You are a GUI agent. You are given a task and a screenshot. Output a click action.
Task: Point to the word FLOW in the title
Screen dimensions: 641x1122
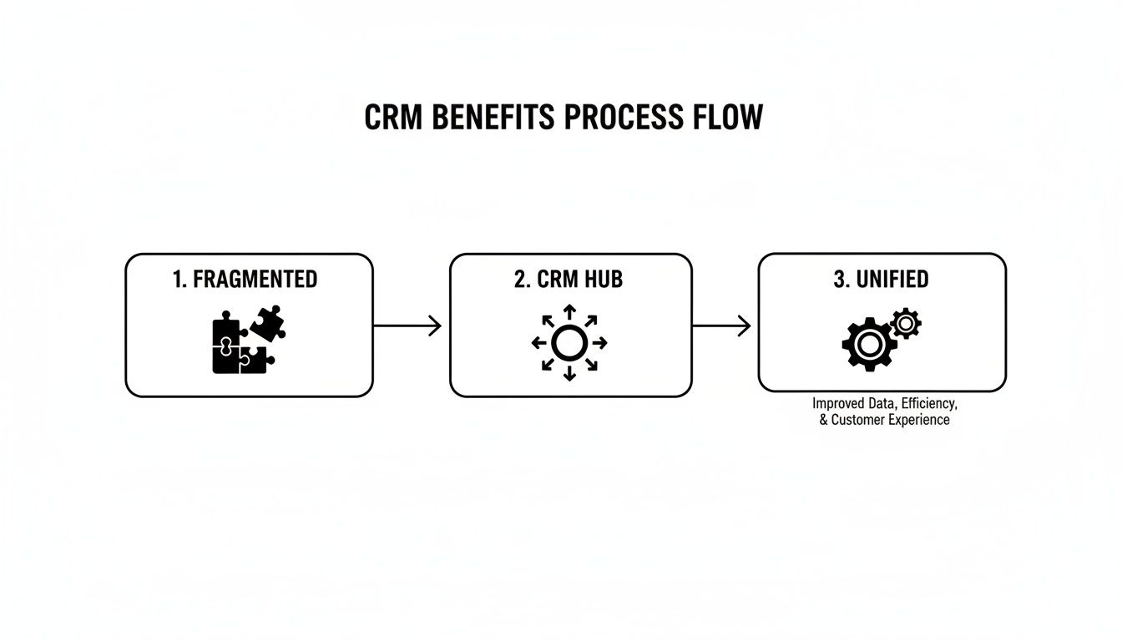728,118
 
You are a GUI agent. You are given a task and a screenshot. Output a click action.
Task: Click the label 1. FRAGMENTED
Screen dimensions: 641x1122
245,280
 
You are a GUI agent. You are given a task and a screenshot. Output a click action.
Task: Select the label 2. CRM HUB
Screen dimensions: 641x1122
569,280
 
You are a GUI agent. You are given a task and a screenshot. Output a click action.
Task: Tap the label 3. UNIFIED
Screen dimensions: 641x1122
881,280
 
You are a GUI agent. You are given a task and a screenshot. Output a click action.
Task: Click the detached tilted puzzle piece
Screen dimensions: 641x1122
267,323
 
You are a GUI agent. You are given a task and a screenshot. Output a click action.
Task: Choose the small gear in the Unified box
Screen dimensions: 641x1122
906,323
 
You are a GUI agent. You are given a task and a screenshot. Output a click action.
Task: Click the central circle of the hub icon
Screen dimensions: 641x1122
569,343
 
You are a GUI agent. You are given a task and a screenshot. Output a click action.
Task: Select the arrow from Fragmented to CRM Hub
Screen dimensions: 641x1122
407,326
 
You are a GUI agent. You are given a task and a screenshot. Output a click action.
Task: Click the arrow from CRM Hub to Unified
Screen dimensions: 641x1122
722,326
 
